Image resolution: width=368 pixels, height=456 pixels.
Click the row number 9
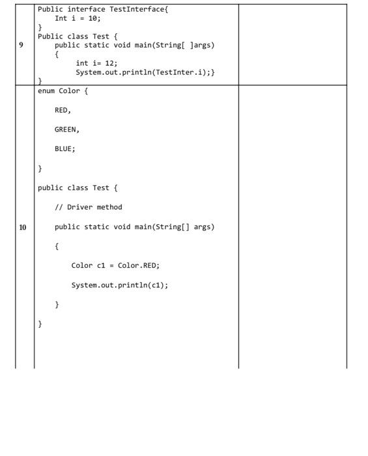21,45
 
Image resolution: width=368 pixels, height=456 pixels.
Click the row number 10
23,227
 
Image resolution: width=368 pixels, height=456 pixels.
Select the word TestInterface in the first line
137,9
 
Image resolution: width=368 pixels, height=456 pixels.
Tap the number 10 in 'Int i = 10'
92,18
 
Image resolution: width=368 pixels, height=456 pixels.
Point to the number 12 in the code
109,63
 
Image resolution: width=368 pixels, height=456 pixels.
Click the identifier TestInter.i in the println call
180,72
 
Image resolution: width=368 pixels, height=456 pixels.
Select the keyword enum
46,91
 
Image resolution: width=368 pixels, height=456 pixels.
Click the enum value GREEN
65,130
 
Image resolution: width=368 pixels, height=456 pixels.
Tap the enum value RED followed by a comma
63,110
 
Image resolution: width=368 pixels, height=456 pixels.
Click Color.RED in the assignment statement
137,266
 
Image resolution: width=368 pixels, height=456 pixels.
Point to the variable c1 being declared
101,266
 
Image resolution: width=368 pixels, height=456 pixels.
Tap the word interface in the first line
87,9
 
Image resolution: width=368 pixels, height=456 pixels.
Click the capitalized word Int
61,18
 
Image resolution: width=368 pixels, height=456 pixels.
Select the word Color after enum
69,91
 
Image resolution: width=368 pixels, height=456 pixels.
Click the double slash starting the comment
59,207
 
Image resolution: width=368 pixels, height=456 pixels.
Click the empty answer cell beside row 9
292,45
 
